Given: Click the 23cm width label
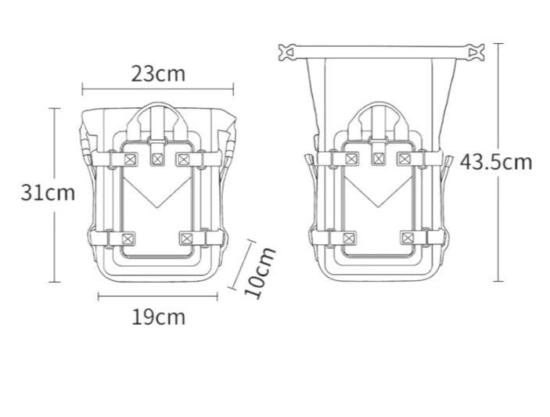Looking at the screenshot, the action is click(158, 74).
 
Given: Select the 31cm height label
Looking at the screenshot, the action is click(48, 192).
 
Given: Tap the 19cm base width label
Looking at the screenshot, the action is click(159, 317).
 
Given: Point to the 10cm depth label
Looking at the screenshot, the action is click(260, 273).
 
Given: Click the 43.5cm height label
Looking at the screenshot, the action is click(496, 162).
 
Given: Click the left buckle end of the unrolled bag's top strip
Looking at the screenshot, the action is click(286, 52).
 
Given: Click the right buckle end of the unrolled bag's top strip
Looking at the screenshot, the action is click(476, 52).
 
